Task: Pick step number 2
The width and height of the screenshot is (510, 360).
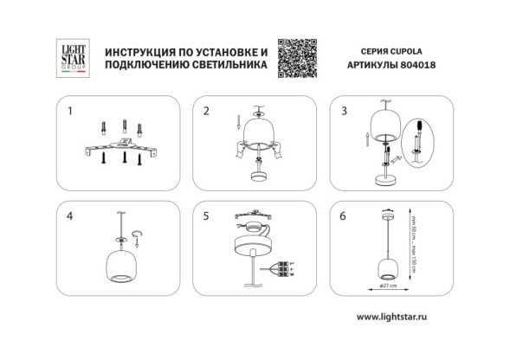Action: coord(206,111)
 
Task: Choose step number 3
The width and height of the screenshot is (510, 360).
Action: coord(344,111)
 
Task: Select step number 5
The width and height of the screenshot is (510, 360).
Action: coord(206,217)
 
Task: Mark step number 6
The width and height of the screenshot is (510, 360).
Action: coord(344,217)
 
